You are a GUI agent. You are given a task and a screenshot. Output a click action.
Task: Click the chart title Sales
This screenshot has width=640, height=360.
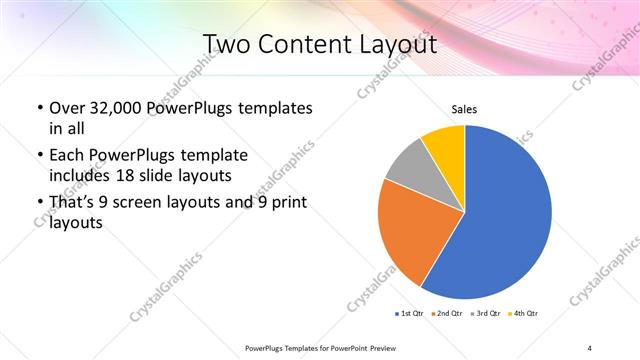[465, 109]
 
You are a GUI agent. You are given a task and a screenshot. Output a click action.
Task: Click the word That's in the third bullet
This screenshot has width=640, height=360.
[75, 204]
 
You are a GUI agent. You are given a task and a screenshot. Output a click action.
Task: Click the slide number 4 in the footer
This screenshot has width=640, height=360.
[589, 347]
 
